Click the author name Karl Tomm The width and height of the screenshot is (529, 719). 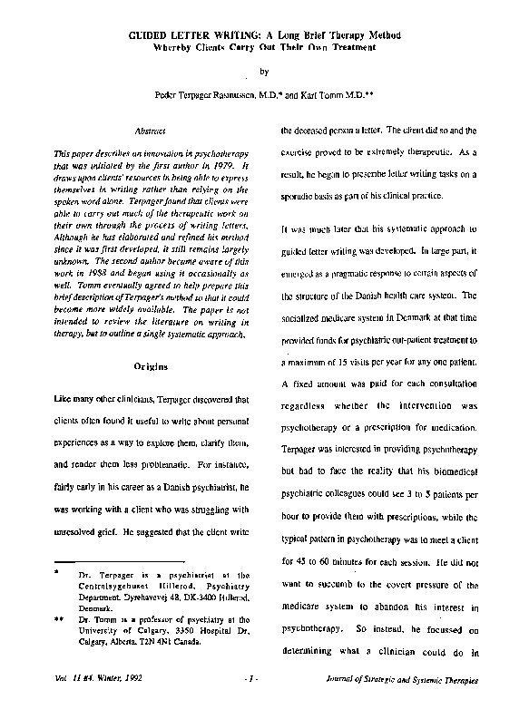click(337, 93)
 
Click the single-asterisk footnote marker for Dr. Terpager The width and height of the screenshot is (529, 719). click(56, 574)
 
